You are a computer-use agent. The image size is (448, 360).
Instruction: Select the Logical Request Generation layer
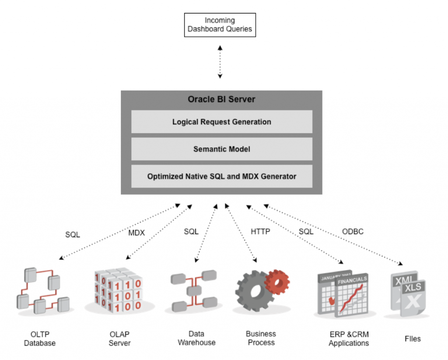(221, 122)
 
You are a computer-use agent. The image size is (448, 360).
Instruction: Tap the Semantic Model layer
(221, 149)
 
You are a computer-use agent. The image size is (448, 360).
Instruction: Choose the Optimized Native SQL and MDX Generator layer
(221, 176)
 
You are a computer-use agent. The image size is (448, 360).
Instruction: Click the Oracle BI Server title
(221, 99)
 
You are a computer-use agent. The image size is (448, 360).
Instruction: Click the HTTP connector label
(260, 232)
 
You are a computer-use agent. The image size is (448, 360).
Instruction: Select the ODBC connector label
(353, 232)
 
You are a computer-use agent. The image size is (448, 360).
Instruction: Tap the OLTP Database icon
(43, 291)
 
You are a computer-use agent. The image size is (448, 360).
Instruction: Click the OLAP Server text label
(119, 339)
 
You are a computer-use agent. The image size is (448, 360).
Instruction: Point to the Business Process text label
(261, 338)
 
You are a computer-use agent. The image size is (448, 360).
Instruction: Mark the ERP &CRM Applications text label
(349, 339)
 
